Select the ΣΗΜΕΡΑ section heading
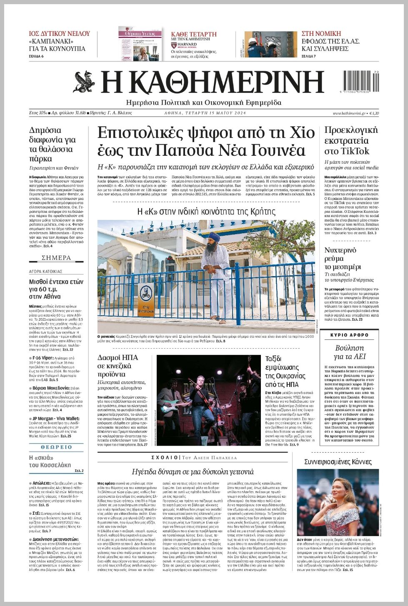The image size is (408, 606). coord(56,258)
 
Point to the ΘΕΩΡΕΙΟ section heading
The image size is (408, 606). coord(56,447)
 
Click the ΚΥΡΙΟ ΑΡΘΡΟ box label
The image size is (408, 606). coord(349,335)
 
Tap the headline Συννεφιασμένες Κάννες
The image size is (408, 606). coord(338,461)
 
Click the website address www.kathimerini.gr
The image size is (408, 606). coord(349,113)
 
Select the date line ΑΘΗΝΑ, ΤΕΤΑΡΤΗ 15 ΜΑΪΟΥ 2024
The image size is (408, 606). coord(205,113)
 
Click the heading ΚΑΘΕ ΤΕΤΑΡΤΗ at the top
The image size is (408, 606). coord(194,34)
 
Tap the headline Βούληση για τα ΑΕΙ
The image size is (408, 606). coord(349,352)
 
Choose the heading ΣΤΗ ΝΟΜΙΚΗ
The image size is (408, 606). coord(321,33)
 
